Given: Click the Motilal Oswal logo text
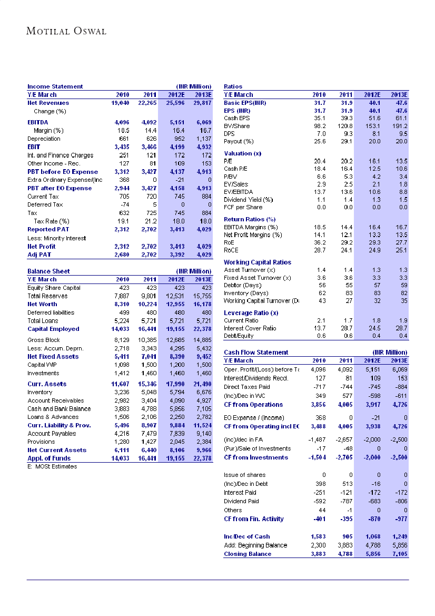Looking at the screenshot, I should pos(66,31).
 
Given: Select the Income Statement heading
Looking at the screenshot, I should pos(55,86).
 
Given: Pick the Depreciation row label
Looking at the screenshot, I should pos(44,139).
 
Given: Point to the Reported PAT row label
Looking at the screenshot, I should pos(48,229).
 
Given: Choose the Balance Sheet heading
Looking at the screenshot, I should pos(48,271).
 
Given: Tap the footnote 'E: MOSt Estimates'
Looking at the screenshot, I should pos(52,466).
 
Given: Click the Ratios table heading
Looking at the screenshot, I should pos(233,86).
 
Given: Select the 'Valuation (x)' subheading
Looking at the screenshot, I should pos(242,153).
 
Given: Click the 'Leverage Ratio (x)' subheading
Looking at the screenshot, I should pos(251,312).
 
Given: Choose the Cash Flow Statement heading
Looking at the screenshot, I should pos(256,352).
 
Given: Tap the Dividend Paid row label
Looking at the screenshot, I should pos(242,501).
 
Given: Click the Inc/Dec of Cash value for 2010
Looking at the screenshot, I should pos(315,536).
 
